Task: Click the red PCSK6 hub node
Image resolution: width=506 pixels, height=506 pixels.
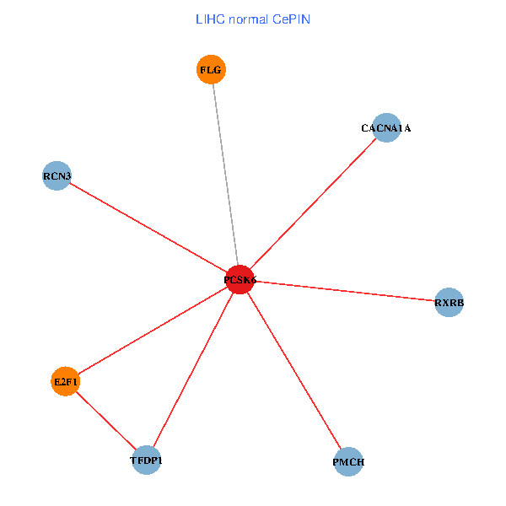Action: point(240,279)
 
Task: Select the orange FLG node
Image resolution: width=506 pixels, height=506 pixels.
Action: point(211,70)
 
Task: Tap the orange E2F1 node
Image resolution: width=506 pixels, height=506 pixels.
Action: point(65,381)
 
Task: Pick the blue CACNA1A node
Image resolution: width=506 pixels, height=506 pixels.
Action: point(385,128)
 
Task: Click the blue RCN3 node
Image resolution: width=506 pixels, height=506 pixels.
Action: point(57,176)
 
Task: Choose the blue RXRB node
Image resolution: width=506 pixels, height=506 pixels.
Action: point(449,302)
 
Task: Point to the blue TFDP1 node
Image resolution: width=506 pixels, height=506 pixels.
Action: point(146,460)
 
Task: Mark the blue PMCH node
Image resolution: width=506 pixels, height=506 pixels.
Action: point(348,462)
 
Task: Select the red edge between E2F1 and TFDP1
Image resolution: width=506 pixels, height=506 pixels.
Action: point(105,421)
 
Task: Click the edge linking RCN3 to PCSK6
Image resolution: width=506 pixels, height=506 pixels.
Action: point(148,228)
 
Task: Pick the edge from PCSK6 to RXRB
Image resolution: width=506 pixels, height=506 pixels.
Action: point(345,291)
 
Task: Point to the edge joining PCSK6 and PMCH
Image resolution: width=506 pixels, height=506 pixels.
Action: point(294,370)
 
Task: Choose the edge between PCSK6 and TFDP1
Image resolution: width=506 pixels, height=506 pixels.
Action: point(193,369)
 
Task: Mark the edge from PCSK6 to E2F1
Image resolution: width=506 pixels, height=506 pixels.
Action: point(153,330)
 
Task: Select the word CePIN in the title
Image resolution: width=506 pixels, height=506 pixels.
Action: point(292,19)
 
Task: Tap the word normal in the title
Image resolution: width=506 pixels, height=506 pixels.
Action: point(250,19)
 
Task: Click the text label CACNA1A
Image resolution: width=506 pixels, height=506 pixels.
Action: point(385,128)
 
